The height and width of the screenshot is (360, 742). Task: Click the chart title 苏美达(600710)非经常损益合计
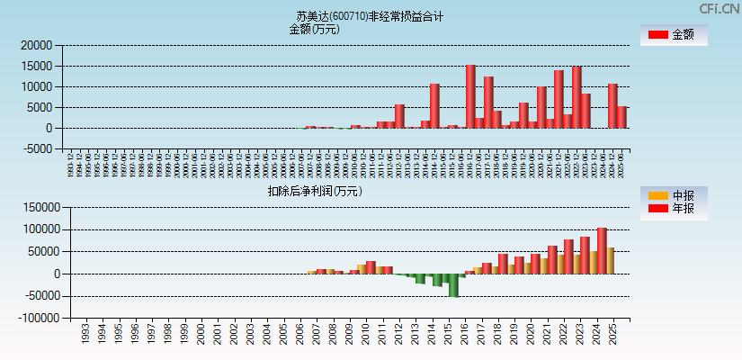point(370,16)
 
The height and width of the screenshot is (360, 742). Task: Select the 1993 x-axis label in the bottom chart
point(85,332)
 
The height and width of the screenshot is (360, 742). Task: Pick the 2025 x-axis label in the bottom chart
point(612,332)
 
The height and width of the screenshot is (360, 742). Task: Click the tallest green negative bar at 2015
point(454,284)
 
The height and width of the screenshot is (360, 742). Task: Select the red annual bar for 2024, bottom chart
point(602,251)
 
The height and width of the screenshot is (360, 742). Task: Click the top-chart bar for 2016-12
point(470,96)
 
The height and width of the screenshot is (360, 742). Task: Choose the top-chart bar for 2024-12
point(612,105)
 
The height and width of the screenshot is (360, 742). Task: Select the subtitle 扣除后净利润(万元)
point(315,191)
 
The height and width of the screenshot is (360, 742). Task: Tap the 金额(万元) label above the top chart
point(314,29)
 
